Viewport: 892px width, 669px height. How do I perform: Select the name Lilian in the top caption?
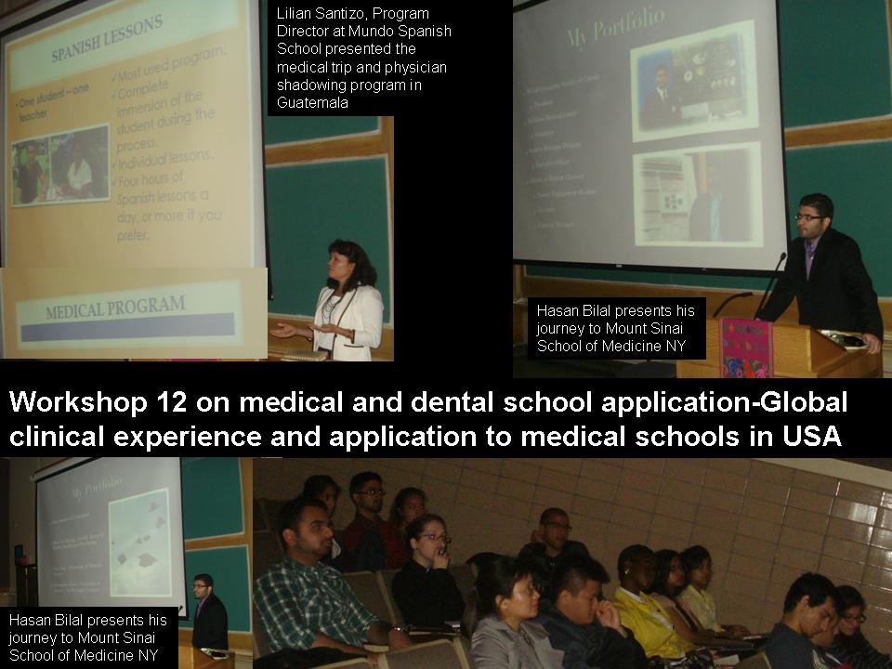[x=295, y=13]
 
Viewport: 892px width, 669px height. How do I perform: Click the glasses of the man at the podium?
[x=809, y=216]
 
